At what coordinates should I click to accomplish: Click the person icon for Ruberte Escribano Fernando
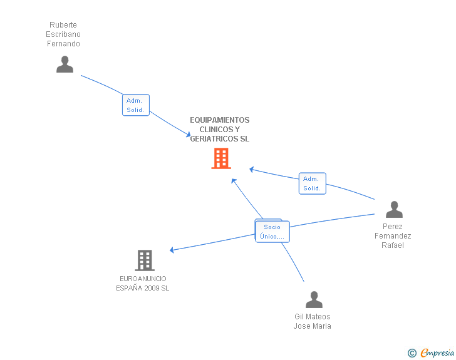pyautogui.click(x=65, y=64)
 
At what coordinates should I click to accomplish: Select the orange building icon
pyautogui.click(x=220, y=158)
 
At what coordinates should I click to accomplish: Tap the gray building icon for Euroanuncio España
pyautogui.click(x=144, y=260)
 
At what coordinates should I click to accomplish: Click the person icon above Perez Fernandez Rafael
pyautogui.click(x=394, y=210)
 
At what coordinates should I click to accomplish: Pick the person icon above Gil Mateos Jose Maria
pyautogui.click(x=313, y=299)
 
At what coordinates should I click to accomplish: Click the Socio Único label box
pyautogui.click(x=272, y=232)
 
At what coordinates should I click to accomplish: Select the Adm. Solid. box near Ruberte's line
pyautogui.click(x=135, y=105)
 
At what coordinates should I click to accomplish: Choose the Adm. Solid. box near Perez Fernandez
pyautogui.click(x=312, y=183)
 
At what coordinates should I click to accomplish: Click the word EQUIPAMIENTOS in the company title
pyautogui.click(x=219, y=120)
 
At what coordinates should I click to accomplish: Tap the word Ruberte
pyautogui.click(x=63, y=25)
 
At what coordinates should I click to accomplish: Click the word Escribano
pyautogui.click(x=63, y=34)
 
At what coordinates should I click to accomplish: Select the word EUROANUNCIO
pyautogui.click(x=143, y=279)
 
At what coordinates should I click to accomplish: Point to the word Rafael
pyautogui.click(x=393, y=245)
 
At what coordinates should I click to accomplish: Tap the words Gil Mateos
pyautogui.click(x=312, y=317)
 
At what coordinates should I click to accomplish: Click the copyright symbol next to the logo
pyautogui.click(x=412, y=353)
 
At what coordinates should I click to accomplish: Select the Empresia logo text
pyautogui.click(x=437, y=353)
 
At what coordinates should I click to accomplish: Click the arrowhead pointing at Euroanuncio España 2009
pyautogui.click(x=172, y=250)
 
